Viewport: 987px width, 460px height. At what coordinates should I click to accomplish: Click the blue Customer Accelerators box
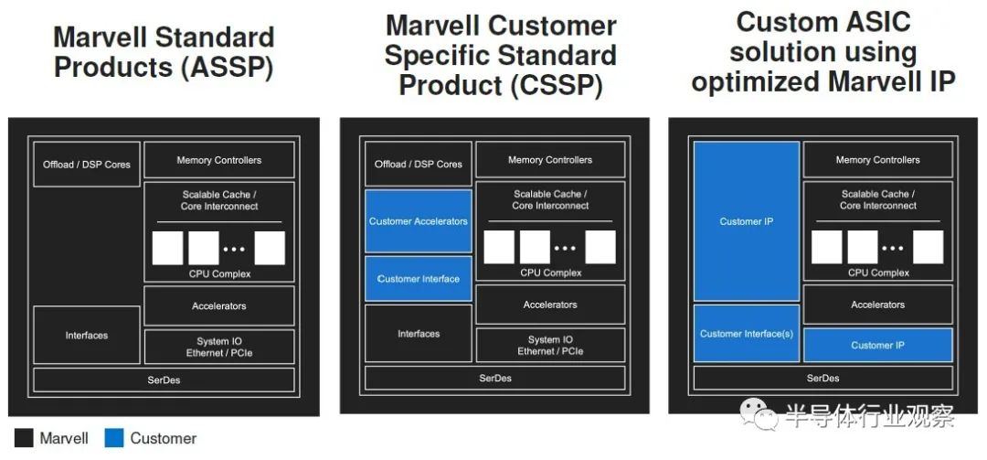[418, 221]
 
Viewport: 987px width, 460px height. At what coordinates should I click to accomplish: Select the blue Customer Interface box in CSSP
[418, 279]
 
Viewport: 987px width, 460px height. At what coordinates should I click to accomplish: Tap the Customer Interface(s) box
[747, 334]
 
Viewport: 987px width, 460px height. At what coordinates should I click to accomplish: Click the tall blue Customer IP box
[747, 221]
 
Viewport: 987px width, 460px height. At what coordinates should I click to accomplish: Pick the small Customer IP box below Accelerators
[877, 345]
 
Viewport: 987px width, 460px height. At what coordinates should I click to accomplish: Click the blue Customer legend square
[114, 439]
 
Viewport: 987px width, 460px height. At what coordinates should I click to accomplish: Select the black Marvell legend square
[24, 439]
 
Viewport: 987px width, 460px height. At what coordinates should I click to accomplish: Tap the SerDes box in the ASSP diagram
[164, 380]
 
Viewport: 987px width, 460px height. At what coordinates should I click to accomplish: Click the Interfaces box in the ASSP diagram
[87, 336]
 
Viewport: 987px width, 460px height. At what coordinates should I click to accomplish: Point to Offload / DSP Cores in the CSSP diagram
[418, 164]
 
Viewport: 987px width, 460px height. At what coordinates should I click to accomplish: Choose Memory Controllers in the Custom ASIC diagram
[877, 159]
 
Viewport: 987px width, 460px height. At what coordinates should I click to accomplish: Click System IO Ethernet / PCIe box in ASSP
[219, 347]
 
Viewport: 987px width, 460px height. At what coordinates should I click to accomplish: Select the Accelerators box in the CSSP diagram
[550, 305]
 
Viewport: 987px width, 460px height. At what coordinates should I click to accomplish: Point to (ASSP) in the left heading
[228, 68]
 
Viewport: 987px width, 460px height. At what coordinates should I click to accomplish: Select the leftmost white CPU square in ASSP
[167, 248]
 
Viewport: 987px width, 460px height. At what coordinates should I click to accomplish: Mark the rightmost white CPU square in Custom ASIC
[928, 247]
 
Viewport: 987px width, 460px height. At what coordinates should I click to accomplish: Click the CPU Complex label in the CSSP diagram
[551, 273]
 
